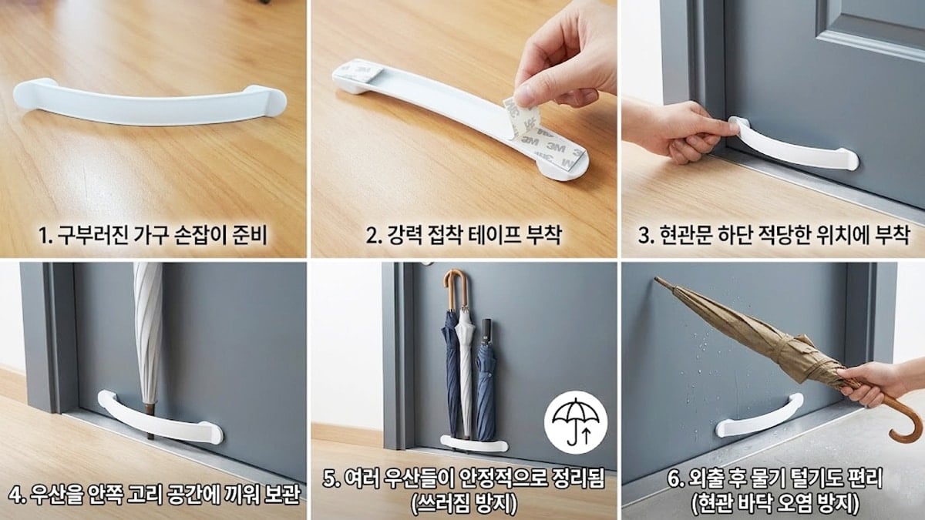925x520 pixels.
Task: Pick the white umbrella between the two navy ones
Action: (x=466, y=370)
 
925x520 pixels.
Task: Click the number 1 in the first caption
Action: (x=42, y=234)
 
